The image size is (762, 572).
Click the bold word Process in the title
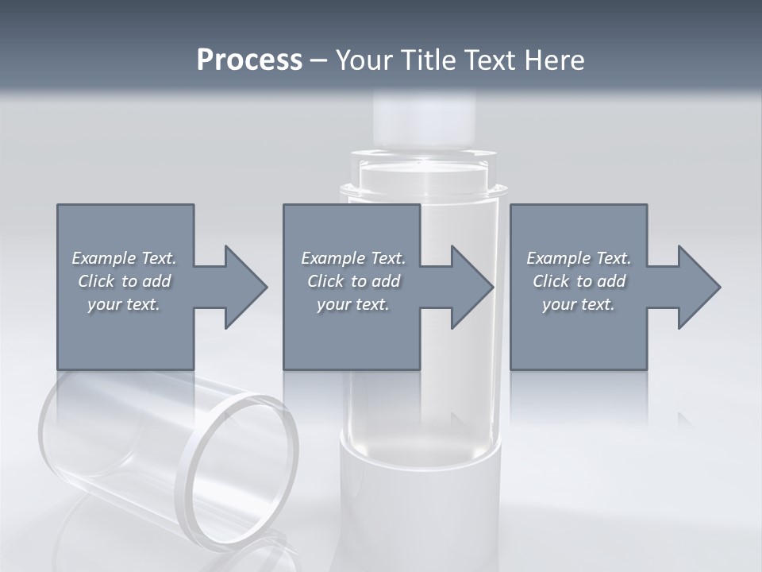tap(249, 60)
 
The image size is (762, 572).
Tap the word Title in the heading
tap(426, 60)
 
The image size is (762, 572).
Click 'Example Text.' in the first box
tap(124, 258)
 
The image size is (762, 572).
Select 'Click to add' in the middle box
tap(353, 281)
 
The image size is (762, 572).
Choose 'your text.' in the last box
tap(579, 304)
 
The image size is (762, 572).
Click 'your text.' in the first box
tap(124, 304)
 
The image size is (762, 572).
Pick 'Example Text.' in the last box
tap(579, 258)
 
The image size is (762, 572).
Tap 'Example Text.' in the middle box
tap(353, 258)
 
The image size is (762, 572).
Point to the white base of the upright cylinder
tap(421, 508)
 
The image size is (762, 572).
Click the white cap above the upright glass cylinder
tap(425, 119)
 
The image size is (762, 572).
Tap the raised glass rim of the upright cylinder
tap(423, 189)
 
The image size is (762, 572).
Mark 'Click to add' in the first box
tap(124, 281)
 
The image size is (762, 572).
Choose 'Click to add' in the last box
tap(579, 281)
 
